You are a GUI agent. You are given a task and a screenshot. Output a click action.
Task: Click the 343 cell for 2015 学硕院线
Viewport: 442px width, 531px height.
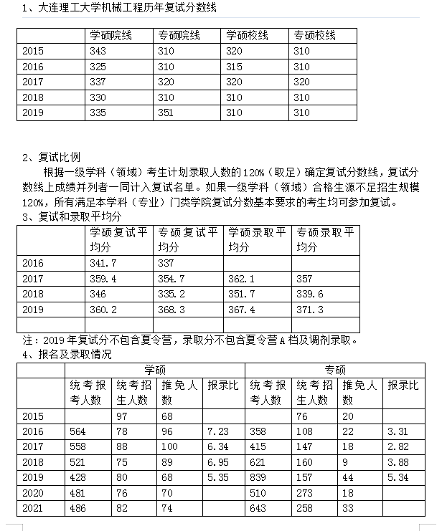coord(99,51)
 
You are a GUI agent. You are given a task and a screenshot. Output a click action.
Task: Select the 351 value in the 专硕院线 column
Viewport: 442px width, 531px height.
coord(166,113)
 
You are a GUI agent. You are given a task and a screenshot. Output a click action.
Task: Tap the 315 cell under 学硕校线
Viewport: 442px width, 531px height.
coord(234,67)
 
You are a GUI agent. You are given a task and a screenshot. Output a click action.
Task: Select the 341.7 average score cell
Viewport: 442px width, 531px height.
coord(103,263)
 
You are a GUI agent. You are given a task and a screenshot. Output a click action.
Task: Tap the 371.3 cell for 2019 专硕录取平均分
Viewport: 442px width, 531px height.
coord(309,310)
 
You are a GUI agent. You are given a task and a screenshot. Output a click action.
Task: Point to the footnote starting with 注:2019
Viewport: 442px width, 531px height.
coord(190,340)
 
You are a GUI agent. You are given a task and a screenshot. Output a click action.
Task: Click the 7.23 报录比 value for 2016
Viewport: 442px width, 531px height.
coord(217,431)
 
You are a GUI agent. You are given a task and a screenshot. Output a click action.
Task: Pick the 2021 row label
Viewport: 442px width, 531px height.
coord(33,509)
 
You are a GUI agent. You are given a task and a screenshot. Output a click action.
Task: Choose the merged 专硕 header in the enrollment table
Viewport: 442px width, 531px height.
coord(335,370)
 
